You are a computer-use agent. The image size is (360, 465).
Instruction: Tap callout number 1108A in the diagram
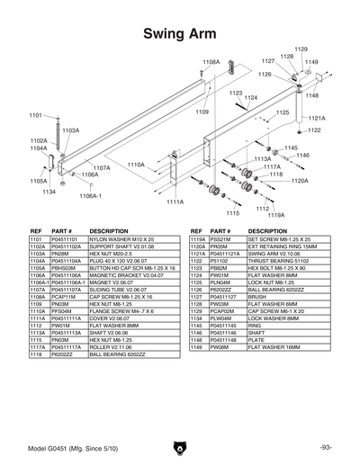click(211, 62)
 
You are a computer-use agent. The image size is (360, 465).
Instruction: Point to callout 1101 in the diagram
click(36, 115)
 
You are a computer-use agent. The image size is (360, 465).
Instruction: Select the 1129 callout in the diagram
click(301, 49)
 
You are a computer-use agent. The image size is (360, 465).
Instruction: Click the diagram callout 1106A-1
click(90, 194)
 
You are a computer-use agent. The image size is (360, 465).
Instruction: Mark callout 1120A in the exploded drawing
click(300, 181)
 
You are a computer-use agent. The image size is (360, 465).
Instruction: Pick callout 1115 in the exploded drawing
click(232, 214)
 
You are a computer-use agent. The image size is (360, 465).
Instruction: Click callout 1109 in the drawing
click(202, 112)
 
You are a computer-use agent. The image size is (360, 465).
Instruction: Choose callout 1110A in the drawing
click(135, 165)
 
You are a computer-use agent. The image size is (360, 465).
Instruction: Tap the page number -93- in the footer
click(325, 447)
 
